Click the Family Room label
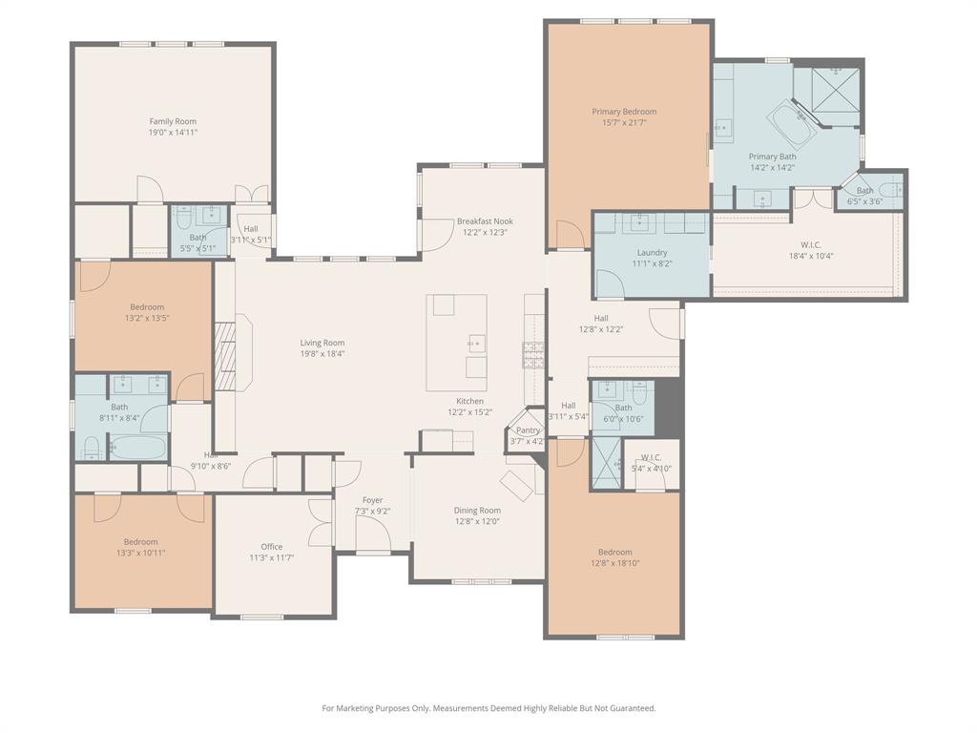[173, 121]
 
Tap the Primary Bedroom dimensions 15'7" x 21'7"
[624, 122]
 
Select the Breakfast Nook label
[484, 220]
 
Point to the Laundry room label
[652, 253]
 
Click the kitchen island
[456, 328]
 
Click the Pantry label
[528, 430]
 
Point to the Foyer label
[372, 500]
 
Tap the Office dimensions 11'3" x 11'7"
[272, 557]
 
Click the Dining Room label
[477, 511]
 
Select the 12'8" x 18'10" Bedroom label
[614, 563]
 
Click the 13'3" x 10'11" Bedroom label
[141, 553]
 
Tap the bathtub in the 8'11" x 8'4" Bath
[137, 447]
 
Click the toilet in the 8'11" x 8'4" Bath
[93, 447]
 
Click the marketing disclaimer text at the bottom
[488, 708]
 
